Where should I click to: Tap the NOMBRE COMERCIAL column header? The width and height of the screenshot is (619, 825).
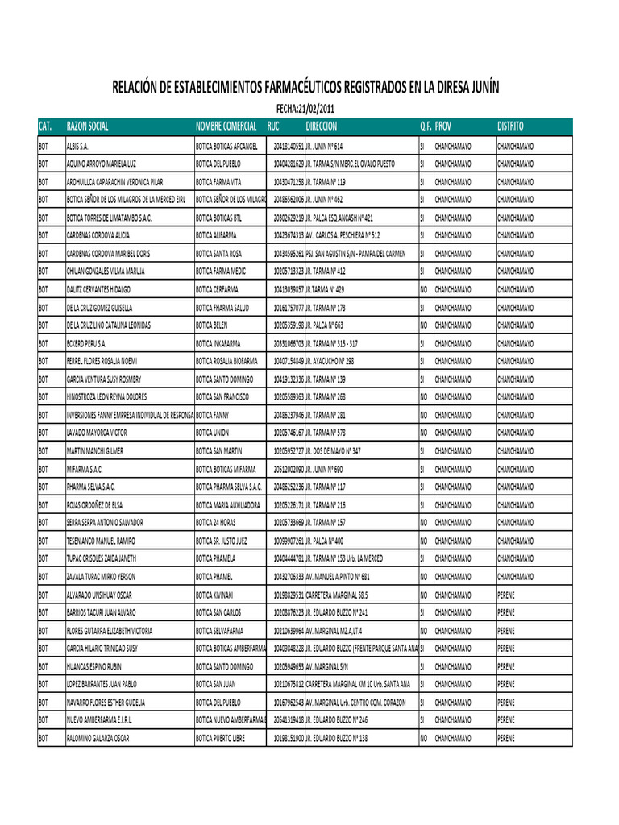point(226,126)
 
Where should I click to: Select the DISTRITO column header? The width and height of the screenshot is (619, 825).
point(510,126)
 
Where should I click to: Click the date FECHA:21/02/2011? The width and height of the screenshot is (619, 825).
point(305,109)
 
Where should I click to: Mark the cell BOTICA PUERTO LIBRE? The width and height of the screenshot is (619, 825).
point(220,738)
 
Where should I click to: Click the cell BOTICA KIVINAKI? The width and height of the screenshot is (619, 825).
point(214,595)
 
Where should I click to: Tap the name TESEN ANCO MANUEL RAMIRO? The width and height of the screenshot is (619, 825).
point(101,541)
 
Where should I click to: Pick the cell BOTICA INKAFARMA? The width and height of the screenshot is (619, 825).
point(218,342)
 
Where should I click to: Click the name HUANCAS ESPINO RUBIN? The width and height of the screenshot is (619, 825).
point(93,666)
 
